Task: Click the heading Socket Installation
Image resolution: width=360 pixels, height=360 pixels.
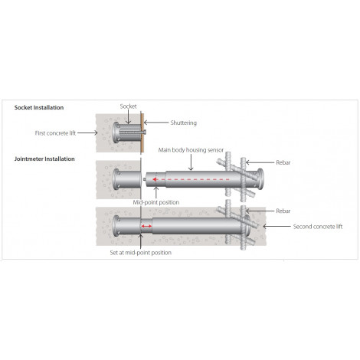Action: (39, 107)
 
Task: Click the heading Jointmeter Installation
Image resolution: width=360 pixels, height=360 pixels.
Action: (44, 159)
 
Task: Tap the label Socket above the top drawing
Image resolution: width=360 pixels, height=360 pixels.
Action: (128, 106)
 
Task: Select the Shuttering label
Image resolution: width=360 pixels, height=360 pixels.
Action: (184, 123)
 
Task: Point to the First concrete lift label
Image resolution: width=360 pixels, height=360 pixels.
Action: (55, 133)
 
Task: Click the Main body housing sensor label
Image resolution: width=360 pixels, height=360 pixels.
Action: (191, 150)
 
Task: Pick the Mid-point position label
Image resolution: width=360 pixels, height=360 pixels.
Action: (156, 202)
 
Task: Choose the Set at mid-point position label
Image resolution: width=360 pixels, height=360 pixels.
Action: (141, 253)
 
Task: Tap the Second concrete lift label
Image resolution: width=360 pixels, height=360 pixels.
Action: (318, 227)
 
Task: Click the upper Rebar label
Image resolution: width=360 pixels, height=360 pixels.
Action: (283, 162)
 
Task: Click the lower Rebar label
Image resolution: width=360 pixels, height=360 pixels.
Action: (283, 211)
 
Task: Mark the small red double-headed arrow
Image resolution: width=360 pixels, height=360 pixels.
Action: (146, 226)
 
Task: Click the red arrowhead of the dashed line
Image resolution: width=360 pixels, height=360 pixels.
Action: (155, 179)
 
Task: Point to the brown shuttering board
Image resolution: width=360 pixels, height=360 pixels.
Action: (142, 133)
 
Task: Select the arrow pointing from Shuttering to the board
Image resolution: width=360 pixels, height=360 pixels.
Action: (156, 123)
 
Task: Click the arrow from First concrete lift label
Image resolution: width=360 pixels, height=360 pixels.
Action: (87, 133)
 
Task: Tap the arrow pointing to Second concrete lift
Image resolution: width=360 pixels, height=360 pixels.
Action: (277, 226)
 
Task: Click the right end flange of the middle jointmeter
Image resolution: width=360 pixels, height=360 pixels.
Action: (260, 179)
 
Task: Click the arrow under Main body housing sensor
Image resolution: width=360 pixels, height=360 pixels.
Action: (191, 162)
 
